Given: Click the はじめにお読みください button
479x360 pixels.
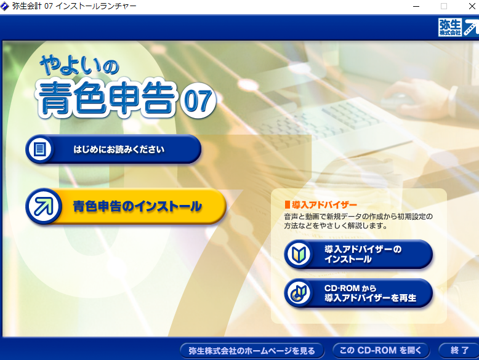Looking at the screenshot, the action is (x=113, y=150).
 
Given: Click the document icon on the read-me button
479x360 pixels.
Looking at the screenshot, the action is (x=40, y=150).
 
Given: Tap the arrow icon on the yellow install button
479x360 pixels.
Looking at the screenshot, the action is (x=44, y=206).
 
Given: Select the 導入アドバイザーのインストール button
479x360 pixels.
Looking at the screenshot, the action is (x=358, y=254).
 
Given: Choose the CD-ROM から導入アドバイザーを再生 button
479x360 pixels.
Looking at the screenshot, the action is (x=358, y=293).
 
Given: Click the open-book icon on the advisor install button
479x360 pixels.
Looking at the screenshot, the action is (x=299, y=254).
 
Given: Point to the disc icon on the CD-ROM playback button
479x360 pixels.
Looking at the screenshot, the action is (x=299, y=293).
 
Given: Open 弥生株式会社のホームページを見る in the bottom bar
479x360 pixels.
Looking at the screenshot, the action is (x=252, y=351).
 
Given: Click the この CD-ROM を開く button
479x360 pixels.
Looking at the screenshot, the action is (x=380, y=350).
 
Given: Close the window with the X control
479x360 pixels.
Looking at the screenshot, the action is (x=472, y=6).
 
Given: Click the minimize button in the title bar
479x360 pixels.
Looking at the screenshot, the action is (x=416, y=6).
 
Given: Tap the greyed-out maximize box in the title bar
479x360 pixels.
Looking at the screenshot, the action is (x=444, y=6).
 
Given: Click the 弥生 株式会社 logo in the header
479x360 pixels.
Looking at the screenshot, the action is (x=458, y=27).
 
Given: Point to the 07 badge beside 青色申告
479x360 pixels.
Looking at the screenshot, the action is (x=198, y=100).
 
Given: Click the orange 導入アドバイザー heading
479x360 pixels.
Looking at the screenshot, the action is (x=321, y=204).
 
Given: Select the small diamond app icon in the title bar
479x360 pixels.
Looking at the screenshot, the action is (x=4, y=6).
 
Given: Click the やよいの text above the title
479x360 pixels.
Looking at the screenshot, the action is (x=79, y=65).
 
